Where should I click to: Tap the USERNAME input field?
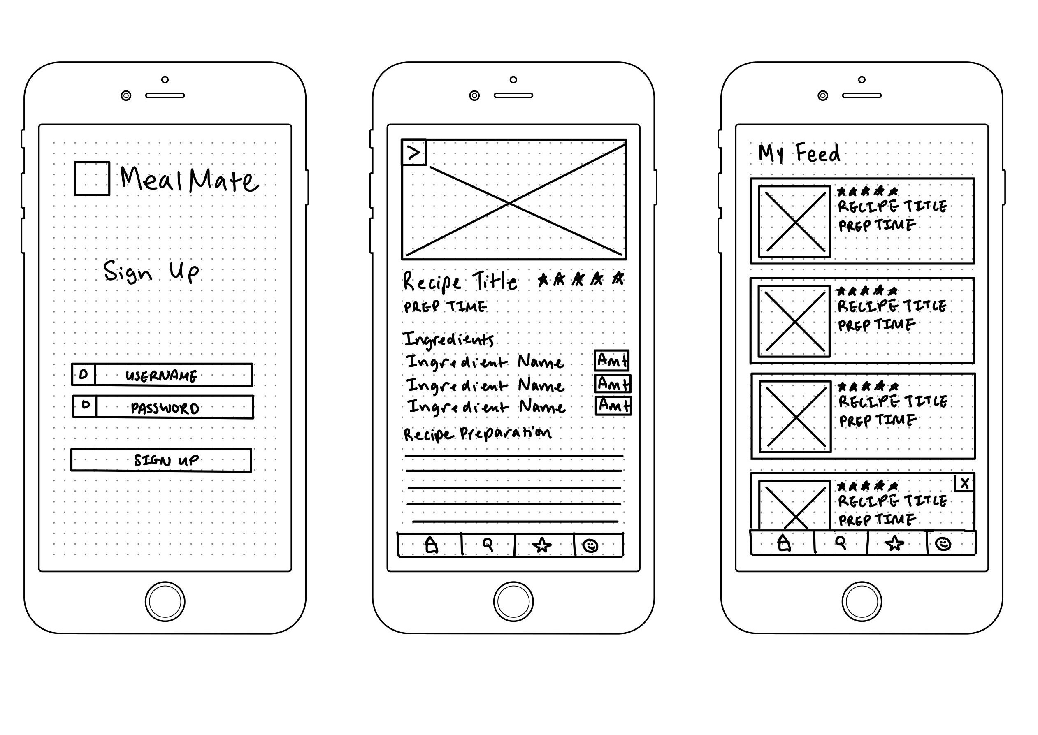(162, 375)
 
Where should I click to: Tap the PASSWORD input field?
(163, 407)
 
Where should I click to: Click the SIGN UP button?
(161, 460)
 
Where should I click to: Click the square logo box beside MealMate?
(92, 179)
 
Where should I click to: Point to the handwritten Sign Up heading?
(151, 271)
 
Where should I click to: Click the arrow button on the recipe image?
(414, 153)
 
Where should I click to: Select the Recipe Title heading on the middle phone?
(460, 281)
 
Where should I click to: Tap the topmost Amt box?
(612, 360)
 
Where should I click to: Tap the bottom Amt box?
(613, 405)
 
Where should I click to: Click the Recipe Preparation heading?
(477, 434)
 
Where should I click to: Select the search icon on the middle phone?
(488, 544)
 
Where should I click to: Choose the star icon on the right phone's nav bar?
(894, 543)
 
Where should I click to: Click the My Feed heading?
(799, 153)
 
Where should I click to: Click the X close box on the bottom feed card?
(964, 483)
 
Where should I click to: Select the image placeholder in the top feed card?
(794, 222)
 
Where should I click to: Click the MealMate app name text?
(189, 179)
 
